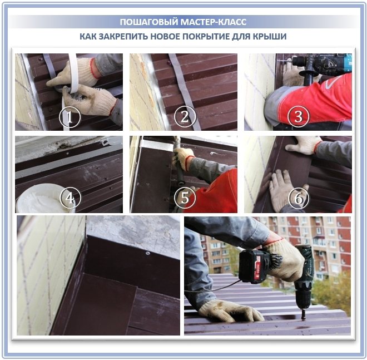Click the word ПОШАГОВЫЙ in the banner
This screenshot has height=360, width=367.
click(149, 22)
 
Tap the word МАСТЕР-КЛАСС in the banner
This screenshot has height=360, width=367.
click(214, 22)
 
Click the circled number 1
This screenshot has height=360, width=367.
click(70, 117)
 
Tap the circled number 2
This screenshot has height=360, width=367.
click(185, 117)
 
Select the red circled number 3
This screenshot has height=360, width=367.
click(299, 116)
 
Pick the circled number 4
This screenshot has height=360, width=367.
click(70, 198)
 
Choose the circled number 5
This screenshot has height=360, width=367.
click(185, 198)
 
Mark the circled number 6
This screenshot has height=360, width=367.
click(299, 198)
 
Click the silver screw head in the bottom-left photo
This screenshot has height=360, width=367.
click(147, 253)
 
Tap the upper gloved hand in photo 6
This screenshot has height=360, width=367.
click(302, 145)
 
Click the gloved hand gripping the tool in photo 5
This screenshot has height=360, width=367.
click(183, 159)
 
